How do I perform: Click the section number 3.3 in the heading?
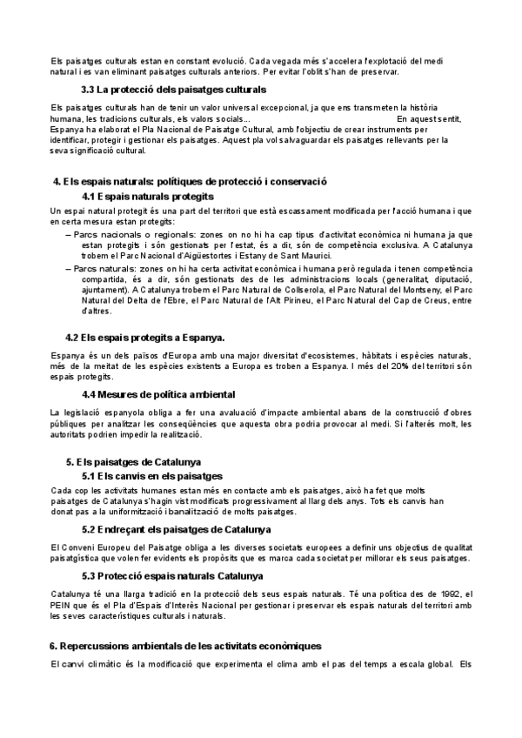tap(88, 90)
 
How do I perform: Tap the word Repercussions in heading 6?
tap(98, 646)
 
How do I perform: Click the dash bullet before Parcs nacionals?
tap(69, 235)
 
